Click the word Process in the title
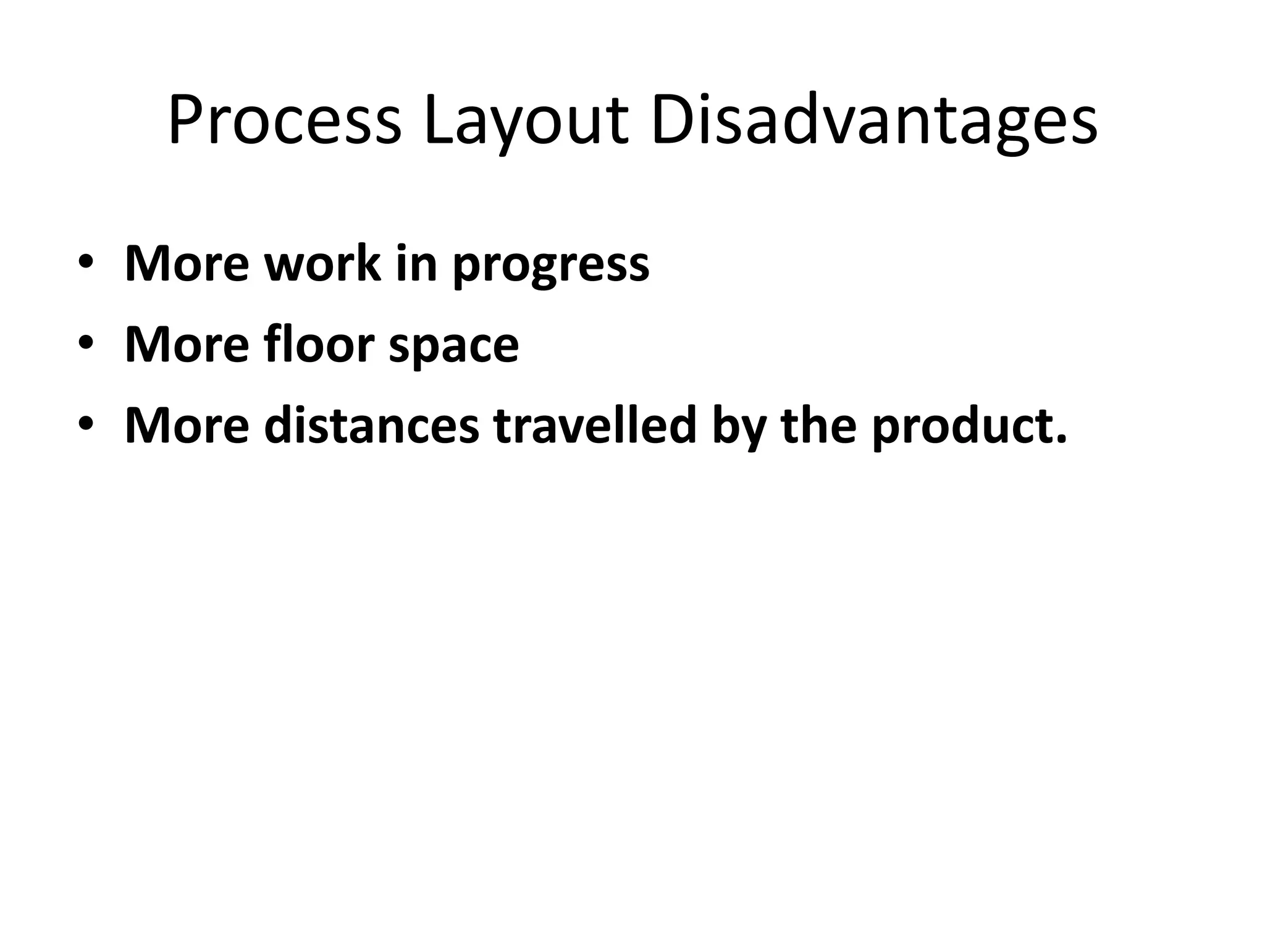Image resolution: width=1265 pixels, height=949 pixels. click(285, 122)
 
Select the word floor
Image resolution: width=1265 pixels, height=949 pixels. click(319, 344)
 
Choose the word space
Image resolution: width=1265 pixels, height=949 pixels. click(453, 347)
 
